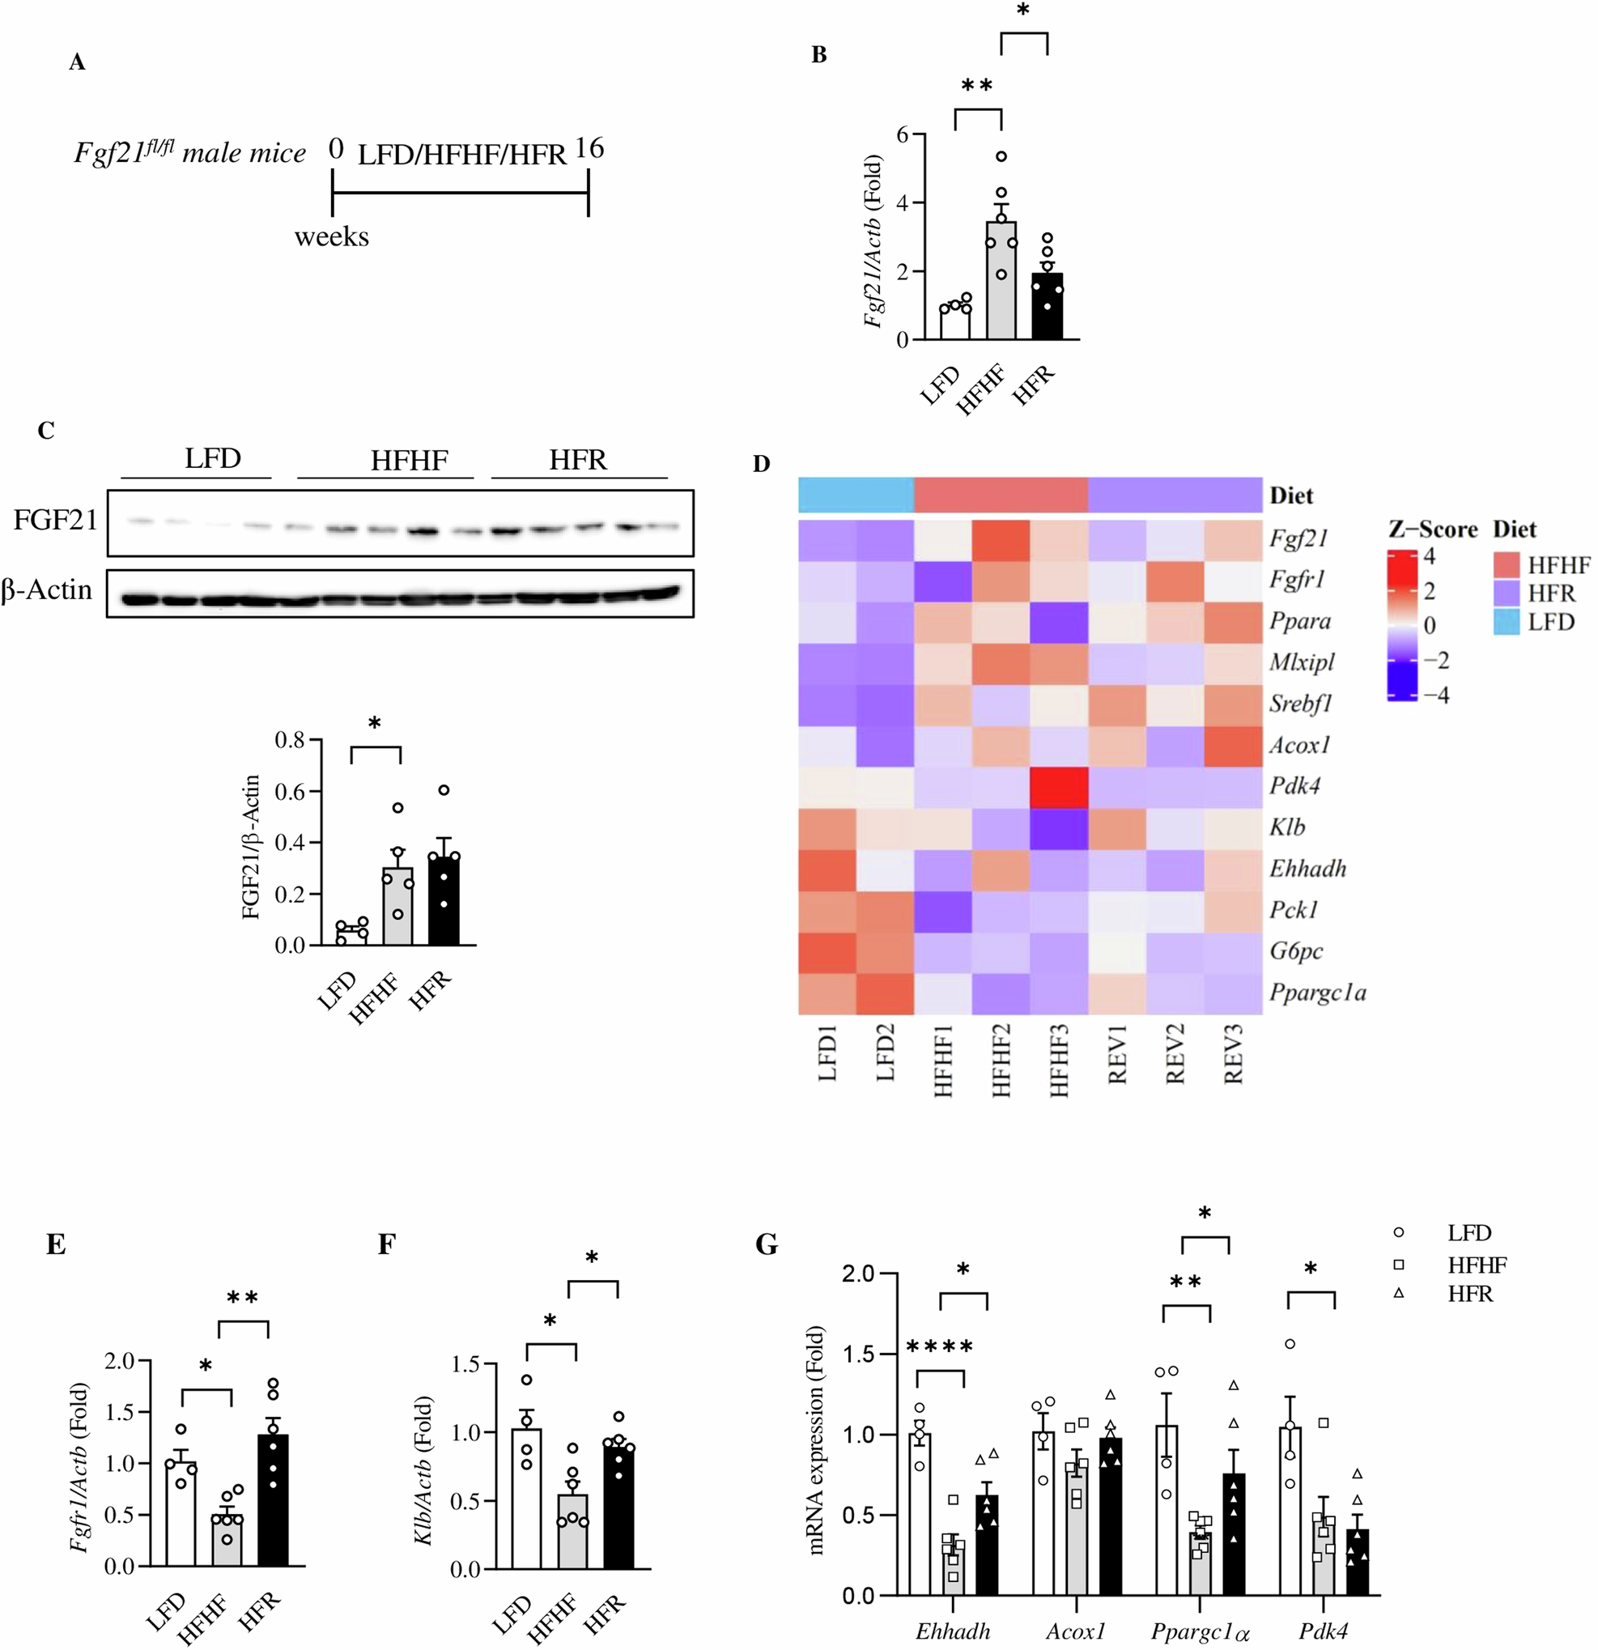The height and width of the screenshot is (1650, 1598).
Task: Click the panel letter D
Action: [760, 464]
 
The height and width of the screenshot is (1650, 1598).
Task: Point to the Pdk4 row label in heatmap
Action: [1294, 785]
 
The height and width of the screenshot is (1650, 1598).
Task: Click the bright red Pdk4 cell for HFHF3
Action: [1059, 786]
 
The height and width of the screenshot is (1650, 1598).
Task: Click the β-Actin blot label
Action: [47, 589]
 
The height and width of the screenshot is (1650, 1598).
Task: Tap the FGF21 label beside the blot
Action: [55, 521]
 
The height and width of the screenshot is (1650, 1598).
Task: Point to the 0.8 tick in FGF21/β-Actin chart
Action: [290, 740]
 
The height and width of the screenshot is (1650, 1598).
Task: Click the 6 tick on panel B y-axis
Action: [903, 134]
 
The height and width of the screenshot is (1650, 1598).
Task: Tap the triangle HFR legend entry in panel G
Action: [1469, 1294]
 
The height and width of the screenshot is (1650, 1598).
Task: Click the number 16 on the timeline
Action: [589, 149]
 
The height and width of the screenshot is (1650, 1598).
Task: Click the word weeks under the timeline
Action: [331, 237]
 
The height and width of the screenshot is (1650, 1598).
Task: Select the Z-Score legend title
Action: [1432, 529]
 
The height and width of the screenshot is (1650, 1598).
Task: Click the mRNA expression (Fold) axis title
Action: [817, 1439]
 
